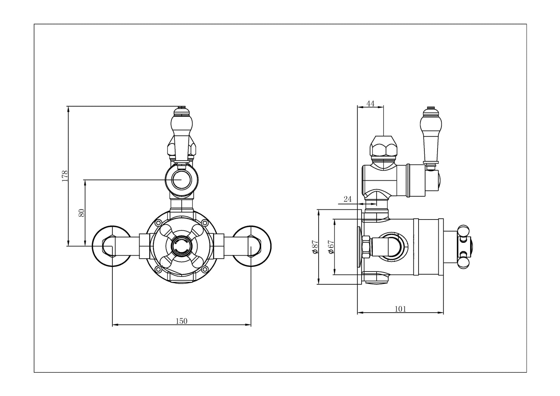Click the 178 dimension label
(x=65, y=175)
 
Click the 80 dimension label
(x=81, y=213)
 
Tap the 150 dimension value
(x=181, y=321)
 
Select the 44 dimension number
(x=370, y=104)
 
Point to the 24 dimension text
(x=348, y=199)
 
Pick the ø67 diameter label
(x=331, y=247)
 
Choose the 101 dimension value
(x=400, y=309)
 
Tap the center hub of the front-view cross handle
(x=181, y=246)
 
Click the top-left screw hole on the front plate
(x=158, y=223)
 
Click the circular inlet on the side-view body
(x=394, y=246)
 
